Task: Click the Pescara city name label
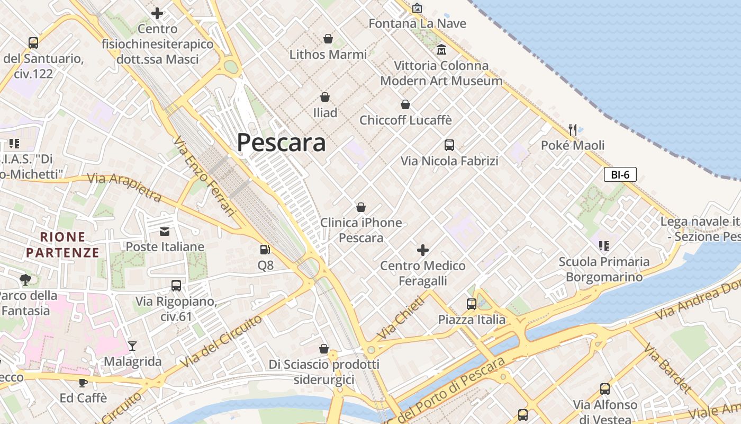tap(281, 143)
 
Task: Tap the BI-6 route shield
tap(620, 174)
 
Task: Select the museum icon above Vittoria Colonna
tap(441, 50)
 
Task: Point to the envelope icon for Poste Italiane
tap(165, 231)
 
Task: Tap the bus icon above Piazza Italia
tap(472, 304)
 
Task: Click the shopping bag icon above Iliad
tap(325, 97)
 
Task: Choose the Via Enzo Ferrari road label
tap(204, 176)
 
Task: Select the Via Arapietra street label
tap(124, 187)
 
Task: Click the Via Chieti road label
tap(401, 318)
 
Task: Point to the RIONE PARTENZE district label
tap(63, 244)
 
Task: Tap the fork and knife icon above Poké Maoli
tap(572, 129)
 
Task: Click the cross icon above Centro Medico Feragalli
tap(423, 250)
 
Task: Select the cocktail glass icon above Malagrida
tap(132, 346)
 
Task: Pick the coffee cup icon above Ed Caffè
tap(83, 382)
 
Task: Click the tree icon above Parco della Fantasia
tap(25, 279)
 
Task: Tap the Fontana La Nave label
tap(417, 23)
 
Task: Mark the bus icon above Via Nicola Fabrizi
tap(449, 145)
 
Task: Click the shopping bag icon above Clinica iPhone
tap(361, 207)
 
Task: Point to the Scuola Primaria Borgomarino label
tap(604, 269)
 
